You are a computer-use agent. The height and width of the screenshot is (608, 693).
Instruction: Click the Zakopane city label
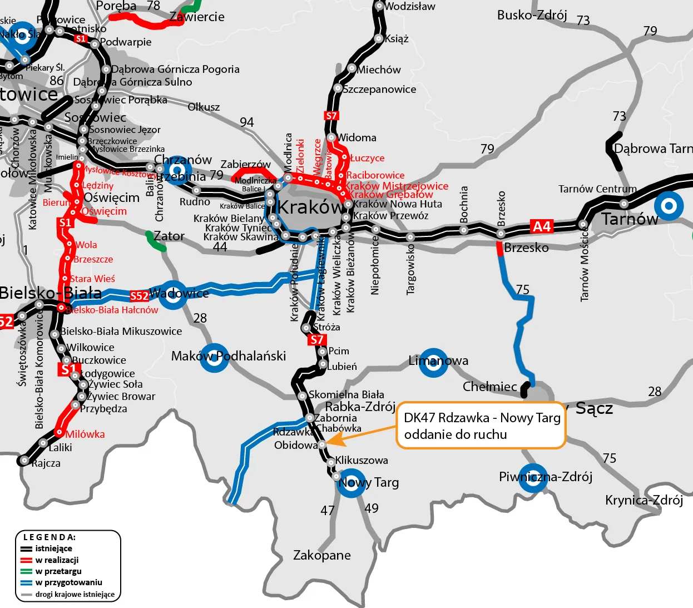[x=321, y=555]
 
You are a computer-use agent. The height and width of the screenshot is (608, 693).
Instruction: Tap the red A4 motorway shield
[x=541, y=226]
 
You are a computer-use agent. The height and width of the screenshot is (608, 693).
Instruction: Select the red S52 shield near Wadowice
[x=139, y=296]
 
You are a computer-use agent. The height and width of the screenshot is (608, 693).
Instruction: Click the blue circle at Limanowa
[x=433, y=363]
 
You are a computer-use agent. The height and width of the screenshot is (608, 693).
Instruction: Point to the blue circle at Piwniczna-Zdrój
[x=533, y=478]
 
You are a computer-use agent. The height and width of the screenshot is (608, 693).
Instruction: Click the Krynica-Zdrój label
[x=643, y=500]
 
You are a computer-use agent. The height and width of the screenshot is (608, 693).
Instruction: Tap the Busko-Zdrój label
[x=532, y=15]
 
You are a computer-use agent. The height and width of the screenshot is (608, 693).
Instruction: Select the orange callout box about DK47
[x=481, y=426]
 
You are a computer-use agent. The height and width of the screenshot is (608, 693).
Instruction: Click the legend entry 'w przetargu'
[x=58, y=571]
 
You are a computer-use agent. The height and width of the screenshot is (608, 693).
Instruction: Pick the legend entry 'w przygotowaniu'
[x=68, y=582]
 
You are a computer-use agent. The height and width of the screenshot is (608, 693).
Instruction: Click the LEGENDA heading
[x=49, y=537]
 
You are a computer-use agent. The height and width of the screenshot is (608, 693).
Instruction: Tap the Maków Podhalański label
[x=229, y=356]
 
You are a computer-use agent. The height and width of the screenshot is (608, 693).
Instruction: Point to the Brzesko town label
[x=526, y=248]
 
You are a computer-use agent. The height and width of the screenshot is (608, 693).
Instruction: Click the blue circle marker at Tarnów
[x=669, y=206]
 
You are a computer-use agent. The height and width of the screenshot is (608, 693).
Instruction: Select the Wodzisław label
[x=409, y=7]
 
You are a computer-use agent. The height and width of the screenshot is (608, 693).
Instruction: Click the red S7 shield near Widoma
[x=331, y=116]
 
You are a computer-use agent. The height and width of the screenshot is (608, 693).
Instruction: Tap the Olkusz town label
[x=204, y=107]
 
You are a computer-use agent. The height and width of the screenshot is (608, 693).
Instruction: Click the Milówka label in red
[x=85, y=434]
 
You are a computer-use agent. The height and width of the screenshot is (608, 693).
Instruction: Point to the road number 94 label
[x=246, y=122]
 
